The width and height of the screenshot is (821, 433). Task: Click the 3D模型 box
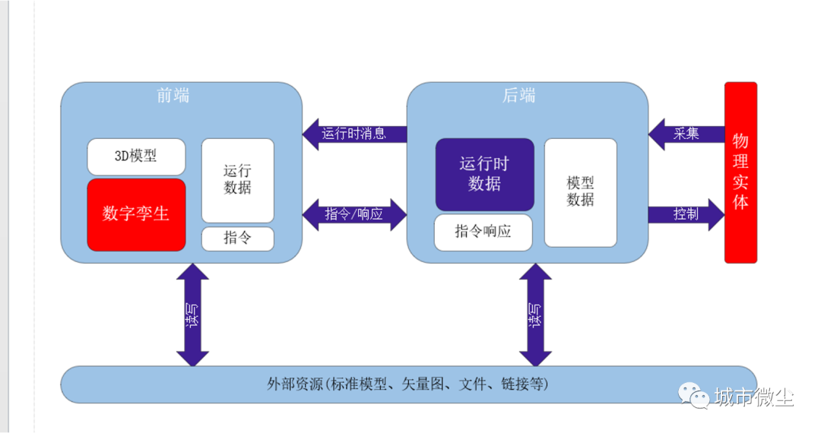(x=136, y=156)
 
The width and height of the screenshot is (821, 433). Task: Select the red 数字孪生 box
(x=136, y=215)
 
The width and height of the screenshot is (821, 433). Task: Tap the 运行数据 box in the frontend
(x=238, y=181)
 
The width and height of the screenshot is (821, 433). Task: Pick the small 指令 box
(x=238, y=239)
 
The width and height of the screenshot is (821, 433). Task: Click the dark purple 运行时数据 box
(x=485, y=175)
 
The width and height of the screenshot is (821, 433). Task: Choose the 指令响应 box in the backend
(x=483, y=232)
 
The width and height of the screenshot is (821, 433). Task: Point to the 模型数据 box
(x=580, y=192)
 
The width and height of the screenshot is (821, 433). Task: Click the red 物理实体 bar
(x=740, y=172)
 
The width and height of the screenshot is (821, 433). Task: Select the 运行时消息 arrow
(x=354, y=134)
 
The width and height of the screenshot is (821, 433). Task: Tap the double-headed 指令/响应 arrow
(x=354, y=214)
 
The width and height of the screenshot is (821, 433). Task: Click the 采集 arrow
(x=686, y=134)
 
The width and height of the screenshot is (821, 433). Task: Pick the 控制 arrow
(x=686, y=214)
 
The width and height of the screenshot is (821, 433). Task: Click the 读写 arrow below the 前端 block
(x=192, y=314)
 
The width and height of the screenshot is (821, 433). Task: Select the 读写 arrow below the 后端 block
(x=535, y=314)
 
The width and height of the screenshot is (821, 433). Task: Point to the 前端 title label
(x=173, y=96)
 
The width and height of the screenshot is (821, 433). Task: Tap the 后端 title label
(x=519, y=96)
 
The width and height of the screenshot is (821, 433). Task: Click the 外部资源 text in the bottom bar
(x=295, y=384)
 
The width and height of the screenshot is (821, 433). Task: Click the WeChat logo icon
(x=694, y=395)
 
